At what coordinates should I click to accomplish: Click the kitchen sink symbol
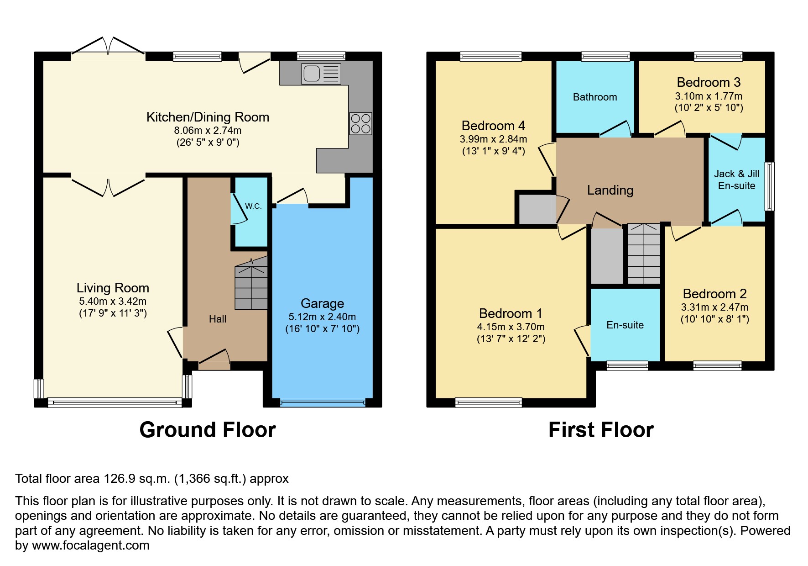[x=321, y=74]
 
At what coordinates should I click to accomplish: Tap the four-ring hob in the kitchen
[x=361, y=124]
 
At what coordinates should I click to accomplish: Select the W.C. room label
[x=253, y=206]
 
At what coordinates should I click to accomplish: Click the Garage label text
[x=323, y=303]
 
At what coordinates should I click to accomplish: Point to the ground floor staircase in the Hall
[x=251, y=283]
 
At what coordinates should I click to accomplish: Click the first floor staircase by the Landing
[x=644, y=254]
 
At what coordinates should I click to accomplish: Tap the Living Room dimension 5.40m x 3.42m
[x=113, y=301]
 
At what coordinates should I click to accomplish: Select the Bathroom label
[x=595, y=97]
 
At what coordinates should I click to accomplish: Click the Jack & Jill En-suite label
[x=737, y=180]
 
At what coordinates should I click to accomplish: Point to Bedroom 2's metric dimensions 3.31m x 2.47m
[x=715, y=307]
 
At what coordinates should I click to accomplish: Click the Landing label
[x=610, y=190]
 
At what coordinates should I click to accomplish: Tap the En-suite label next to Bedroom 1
[x=625, y=325]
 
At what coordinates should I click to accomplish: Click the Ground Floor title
[x=208, y=430]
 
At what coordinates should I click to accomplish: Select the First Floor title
[x=601, y=430]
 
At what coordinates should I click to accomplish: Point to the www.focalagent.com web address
[x=91, y=545]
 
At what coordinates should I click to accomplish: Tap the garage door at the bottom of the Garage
[x=323, y=402]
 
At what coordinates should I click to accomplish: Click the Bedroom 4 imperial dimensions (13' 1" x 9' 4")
[x=494, y=151]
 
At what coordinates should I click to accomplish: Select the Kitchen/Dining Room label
[x=208, y=117]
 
